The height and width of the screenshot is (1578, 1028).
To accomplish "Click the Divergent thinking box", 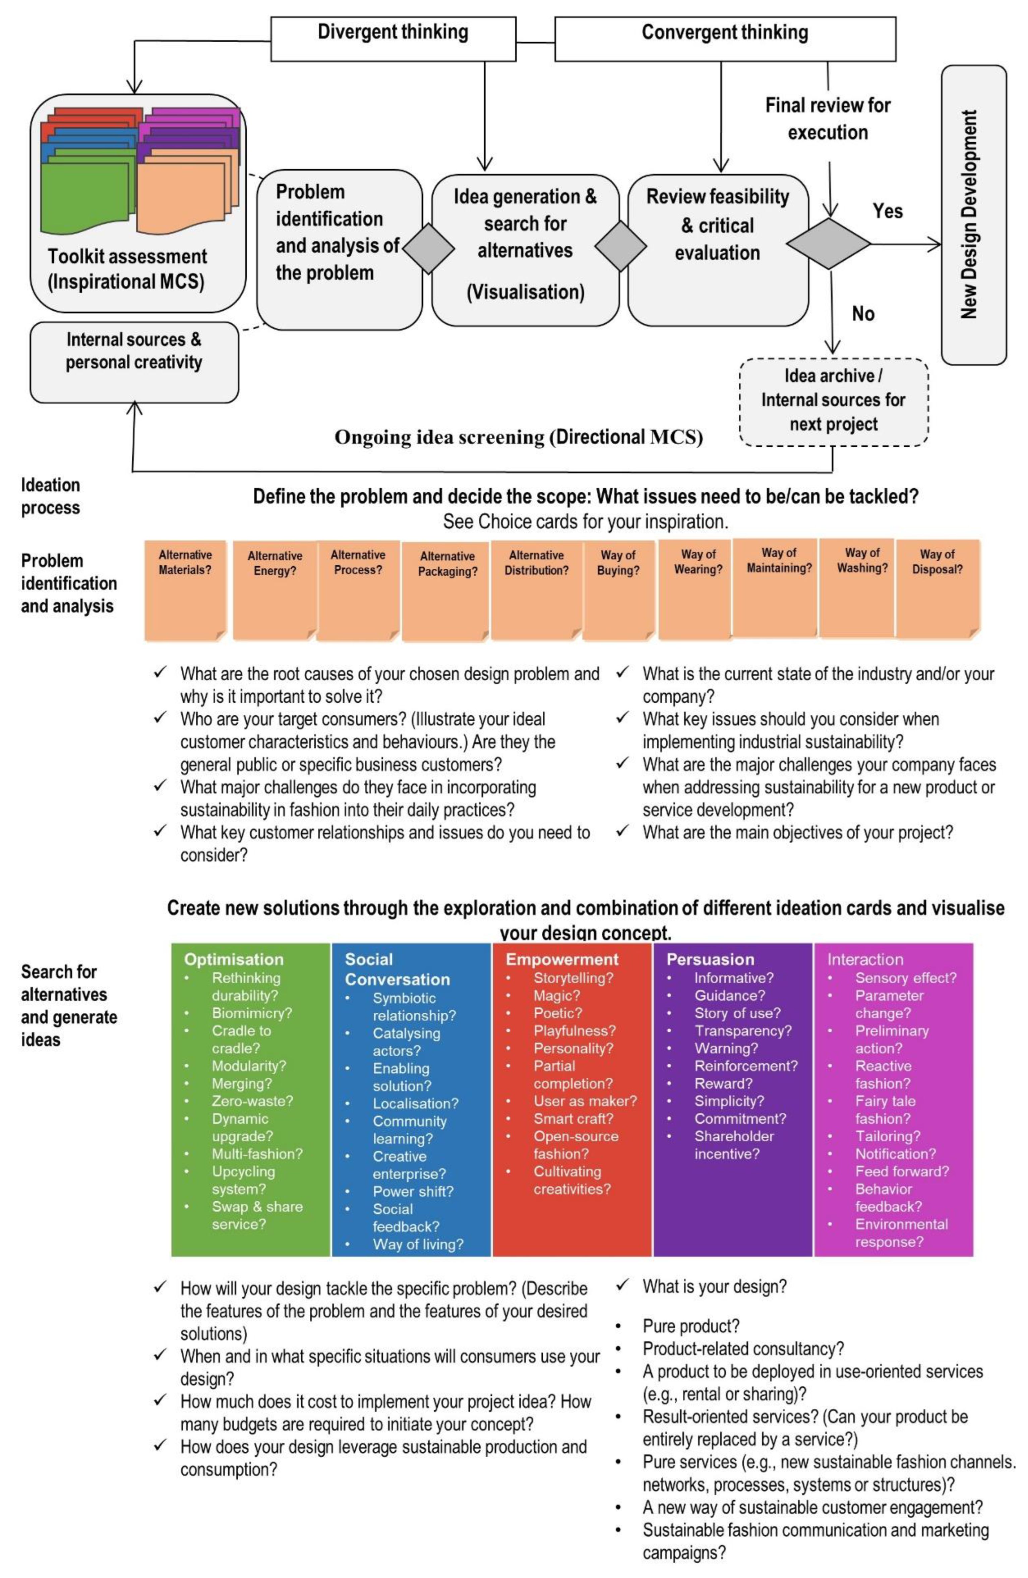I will (x=392, y=39).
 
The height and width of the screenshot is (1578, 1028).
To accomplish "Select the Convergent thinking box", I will (x=724, y=39).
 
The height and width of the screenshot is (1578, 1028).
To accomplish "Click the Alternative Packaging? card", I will (x=447, y=590).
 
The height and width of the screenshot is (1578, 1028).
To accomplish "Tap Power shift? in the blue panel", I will (x=413, y=1191).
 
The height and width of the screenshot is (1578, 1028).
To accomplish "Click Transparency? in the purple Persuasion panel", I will (x=742, y=1030).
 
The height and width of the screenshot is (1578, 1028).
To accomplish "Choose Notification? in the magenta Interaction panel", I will (x=895, y=1154).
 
